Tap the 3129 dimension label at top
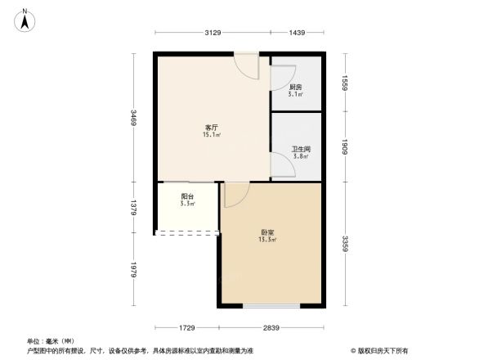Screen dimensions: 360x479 [x=213, y=33]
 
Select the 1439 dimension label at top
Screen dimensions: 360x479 [x=297, y=33]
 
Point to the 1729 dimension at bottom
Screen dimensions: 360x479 [x=187, y=328]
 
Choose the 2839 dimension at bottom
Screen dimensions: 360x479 [x=272, y=328]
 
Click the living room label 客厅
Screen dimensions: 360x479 [x=211, y=128]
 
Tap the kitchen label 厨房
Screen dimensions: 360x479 [x=296, y=87]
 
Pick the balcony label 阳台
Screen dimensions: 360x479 [x=187, y=196]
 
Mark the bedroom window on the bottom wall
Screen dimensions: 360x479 [x=271, y=307]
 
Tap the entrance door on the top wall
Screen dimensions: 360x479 [x=246, y=65]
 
